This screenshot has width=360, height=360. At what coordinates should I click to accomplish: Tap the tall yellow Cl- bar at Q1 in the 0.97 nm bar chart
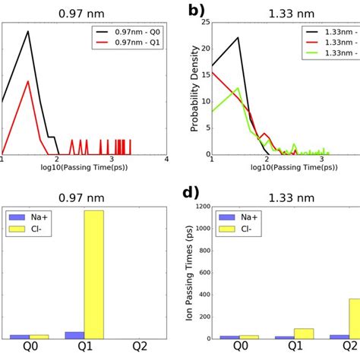(94, 274)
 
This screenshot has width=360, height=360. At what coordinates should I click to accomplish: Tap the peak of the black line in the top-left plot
(28, 32)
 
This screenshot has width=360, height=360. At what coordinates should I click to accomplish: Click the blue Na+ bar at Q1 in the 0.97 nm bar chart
(75, 335)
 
